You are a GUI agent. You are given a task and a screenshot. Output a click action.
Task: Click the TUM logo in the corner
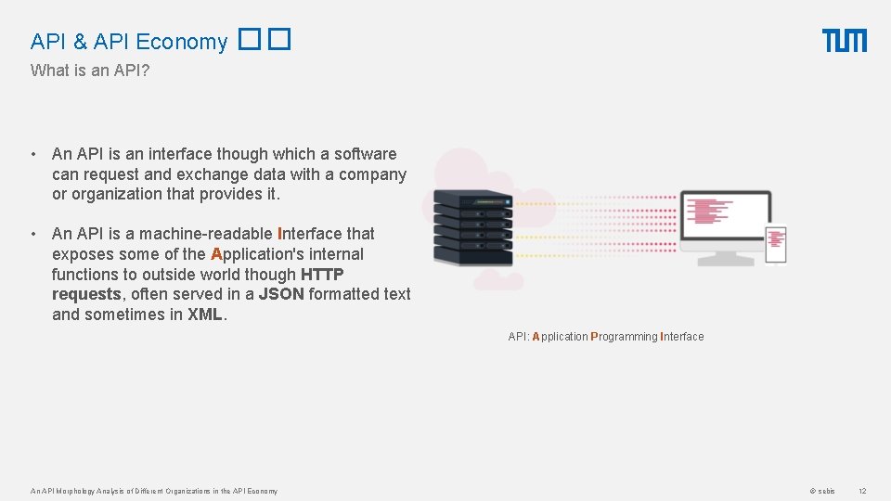(x=844, y=41)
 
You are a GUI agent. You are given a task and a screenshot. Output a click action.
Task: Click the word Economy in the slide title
(x=182, y=42)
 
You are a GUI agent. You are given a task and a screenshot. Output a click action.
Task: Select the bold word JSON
(x=280, y=294)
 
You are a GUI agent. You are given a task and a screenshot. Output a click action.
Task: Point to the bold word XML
(x=205, y=315)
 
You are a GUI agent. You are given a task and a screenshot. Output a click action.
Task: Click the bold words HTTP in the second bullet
(x=322, y=275)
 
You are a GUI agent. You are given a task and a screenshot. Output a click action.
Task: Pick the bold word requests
(x=86, y=294)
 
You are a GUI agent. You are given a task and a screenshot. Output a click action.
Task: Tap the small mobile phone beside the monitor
(x=775, y=245)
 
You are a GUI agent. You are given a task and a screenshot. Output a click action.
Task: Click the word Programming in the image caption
(x=624, y=337)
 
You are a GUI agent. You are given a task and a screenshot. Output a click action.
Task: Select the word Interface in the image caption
(x=682, y=337)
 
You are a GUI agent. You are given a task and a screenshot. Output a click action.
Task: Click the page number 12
(x=861, y=491)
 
